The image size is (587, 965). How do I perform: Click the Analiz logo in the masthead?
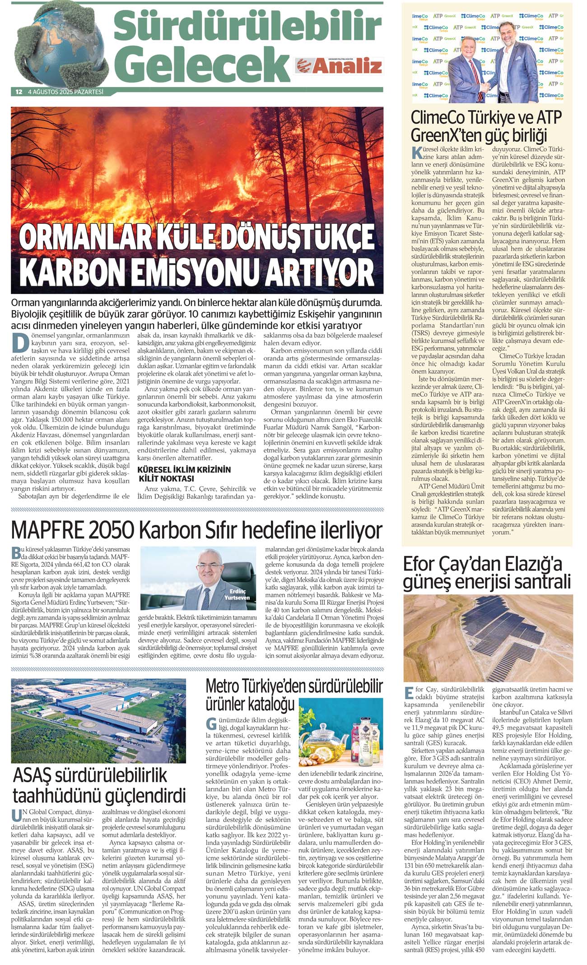[x=339, y=66]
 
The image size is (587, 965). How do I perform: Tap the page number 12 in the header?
[x=19, y=92]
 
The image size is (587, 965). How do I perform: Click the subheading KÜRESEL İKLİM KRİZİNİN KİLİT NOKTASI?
[x=184, y=474]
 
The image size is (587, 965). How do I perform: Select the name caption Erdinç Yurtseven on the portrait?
[x=237, y=594]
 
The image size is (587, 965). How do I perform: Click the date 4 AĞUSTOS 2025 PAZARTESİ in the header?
[x=66, y=92]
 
